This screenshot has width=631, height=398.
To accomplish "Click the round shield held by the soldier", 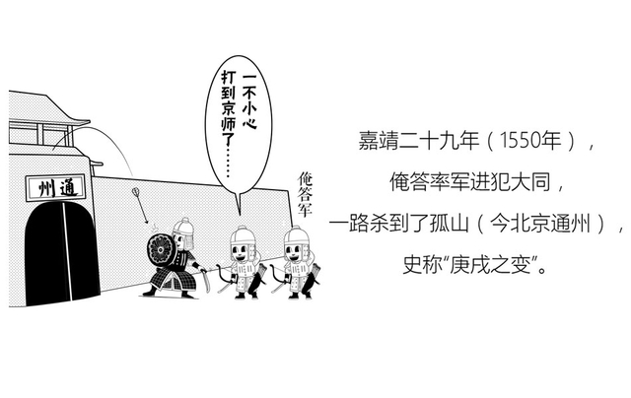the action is click(x=161, y=250).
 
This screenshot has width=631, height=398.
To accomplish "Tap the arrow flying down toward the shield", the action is click(x=140, y=205).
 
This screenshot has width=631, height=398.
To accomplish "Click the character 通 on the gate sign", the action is click(x=68, y=187).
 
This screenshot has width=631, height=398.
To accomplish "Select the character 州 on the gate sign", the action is click(x=45, y=189).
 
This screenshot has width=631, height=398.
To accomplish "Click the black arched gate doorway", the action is click(x=61, y=252).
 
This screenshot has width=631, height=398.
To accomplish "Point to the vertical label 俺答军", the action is click(x=305, y=194).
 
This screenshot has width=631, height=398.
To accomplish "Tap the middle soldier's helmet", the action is click(x=244, y=236).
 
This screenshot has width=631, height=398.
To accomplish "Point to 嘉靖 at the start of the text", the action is click(x=379, y=140).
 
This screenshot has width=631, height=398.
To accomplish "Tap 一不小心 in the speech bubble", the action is click(x=248, y=101).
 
